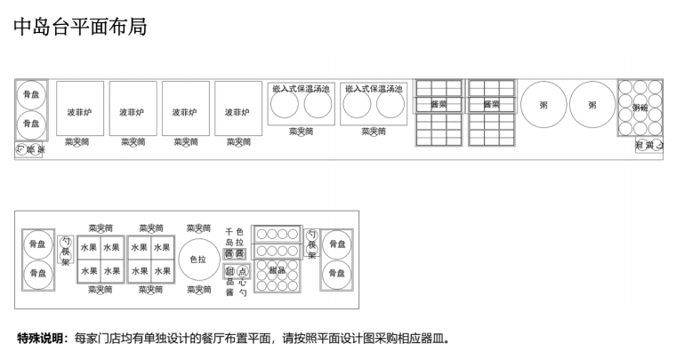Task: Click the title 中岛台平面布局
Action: click(80, 28)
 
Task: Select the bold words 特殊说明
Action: click(40, 339)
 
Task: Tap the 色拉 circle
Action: click(198, 260)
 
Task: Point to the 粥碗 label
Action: click(640, 108)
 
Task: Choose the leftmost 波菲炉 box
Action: click(79, 112)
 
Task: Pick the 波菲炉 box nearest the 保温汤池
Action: click(237, 112)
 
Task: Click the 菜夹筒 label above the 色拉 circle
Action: click(198, 228)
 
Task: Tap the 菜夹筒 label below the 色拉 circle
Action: click(198, 290)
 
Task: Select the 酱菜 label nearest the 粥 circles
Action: click(491, 104)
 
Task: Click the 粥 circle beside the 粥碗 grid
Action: click(591, 105)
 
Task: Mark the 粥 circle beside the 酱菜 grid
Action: click(543, 105)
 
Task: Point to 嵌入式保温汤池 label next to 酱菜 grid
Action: click(374, 88)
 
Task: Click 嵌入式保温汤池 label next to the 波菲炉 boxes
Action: click(301, 88)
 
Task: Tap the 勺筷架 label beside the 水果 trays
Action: click(66, 251)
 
